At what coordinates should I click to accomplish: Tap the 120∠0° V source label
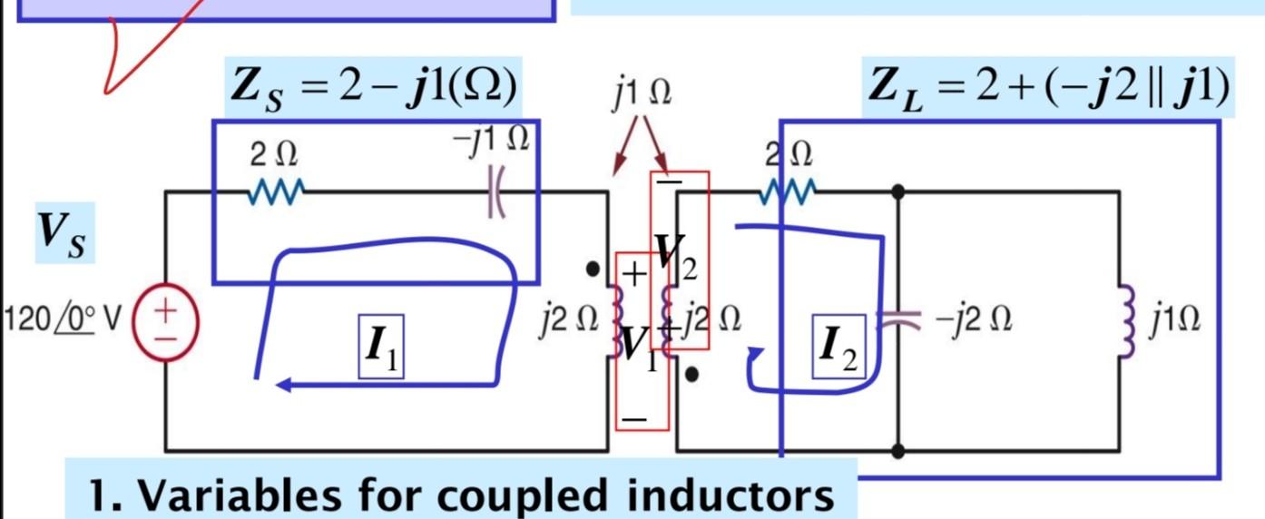click(62, 320)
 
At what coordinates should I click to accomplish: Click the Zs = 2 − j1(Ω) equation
click(373, 88)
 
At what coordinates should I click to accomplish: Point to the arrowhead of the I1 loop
click(283, 386)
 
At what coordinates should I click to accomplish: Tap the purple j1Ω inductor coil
click(1125, 320)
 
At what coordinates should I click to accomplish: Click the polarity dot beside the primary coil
click(593, 269)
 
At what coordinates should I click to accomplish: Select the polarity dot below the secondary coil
click(692, 374)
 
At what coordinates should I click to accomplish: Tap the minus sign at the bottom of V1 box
click(635, 418)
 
